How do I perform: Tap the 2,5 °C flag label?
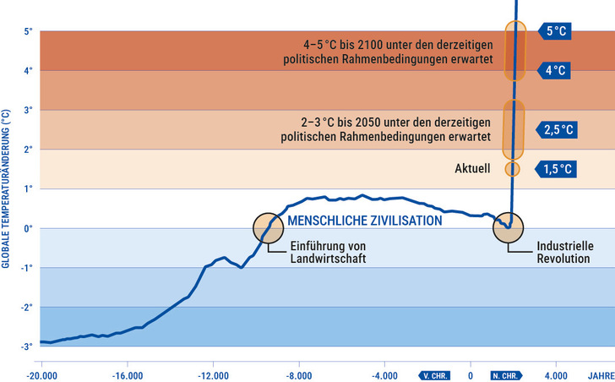(x=557, y=129)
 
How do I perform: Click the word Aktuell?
(x=473, y=169)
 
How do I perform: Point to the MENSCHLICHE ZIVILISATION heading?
(x=365, y=221)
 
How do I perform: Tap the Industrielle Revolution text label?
(x=565, y=253)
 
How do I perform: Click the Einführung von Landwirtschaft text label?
(x=329, y=253)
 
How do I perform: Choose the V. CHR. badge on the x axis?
(x=436, y=375)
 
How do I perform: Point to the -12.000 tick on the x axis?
(x=213, y=375)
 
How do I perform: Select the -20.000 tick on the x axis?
(x=41, y=375)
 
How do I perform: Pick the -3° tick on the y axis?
(x=26, y=347)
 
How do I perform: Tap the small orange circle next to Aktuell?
(x=512, y=169)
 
